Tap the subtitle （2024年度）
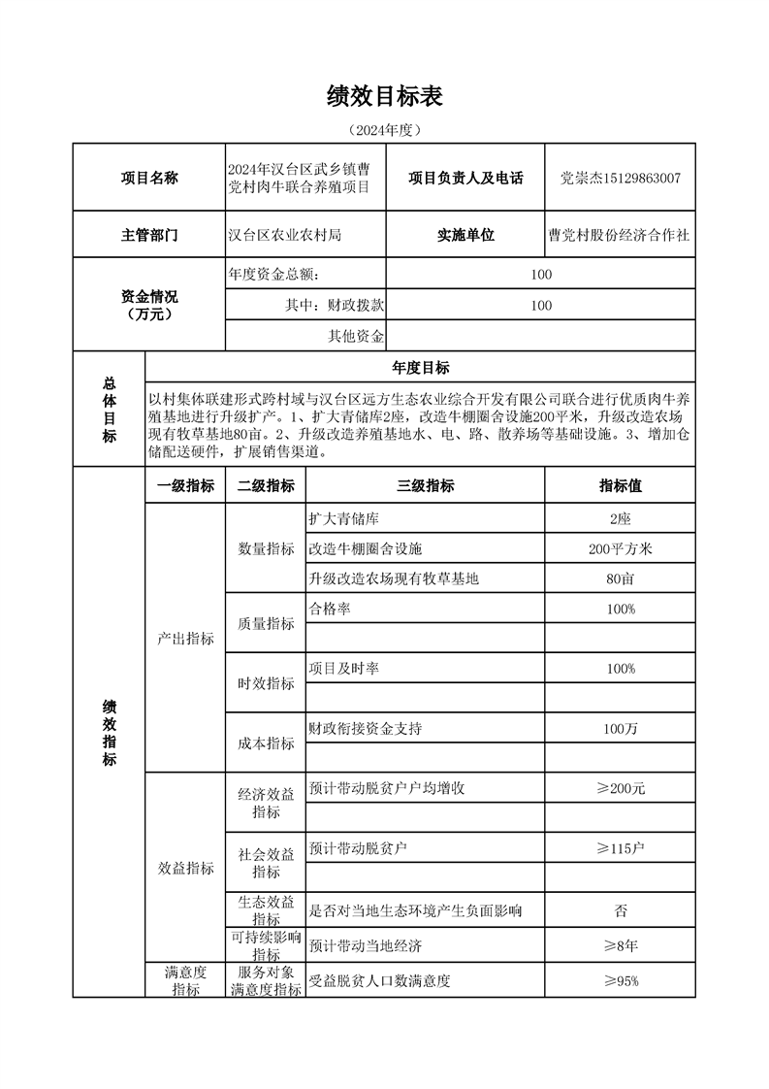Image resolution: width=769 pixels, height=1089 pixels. point(384,129)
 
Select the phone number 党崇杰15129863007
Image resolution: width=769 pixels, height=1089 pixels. point(621,178)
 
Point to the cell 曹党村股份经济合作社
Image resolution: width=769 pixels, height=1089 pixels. point(620,235)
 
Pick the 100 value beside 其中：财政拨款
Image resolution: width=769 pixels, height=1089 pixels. point(541,306)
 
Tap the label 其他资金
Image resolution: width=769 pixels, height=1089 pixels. point(357,337)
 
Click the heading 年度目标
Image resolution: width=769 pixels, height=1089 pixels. point(420,367)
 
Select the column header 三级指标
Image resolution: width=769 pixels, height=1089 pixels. point(425,486)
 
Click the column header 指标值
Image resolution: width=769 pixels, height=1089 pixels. point(620,486)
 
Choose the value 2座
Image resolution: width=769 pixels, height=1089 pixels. point(620,519)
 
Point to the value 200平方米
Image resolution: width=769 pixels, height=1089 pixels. point(620,549)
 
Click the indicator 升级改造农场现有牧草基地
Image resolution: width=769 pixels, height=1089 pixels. point(394,579)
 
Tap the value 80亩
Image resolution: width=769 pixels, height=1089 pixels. point(620,579)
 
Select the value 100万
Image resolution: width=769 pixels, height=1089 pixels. point(620,729)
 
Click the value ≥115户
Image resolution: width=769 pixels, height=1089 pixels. point(620,849)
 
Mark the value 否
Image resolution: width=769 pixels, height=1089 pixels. point(620,910)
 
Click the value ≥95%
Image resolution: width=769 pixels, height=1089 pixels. point(620,981)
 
